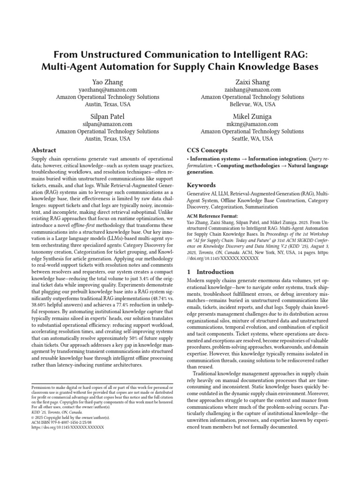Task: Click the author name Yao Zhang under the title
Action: click(107, 82)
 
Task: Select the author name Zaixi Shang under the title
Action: click(252, 82)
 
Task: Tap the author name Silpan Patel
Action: click(107, 116)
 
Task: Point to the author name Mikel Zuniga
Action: click(252, 116)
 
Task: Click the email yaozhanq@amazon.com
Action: click(107, 90)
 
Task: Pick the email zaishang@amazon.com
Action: click(252, 90)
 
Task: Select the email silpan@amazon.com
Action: click(107, 124)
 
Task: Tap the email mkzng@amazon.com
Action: click(252, 124)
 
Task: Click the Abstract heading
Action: click(44, 150)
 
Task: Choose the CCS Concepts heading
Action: click(207, 150)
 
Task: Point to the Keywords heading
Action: click(202, 185)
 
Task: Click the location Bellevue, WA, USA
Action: click(252, 105)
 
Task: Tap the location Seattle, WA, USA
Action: click(252, 139)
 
